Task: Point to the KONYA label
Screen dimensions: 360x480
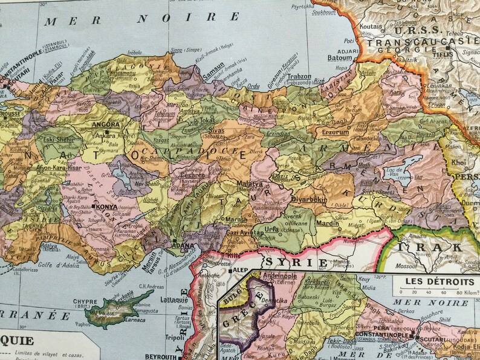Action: (x=106, y=207)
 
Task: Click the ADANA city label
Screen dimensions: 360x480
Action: (x=184, y=246)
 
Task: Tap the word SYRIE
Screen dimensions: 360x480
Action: (x=294, y=263)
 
